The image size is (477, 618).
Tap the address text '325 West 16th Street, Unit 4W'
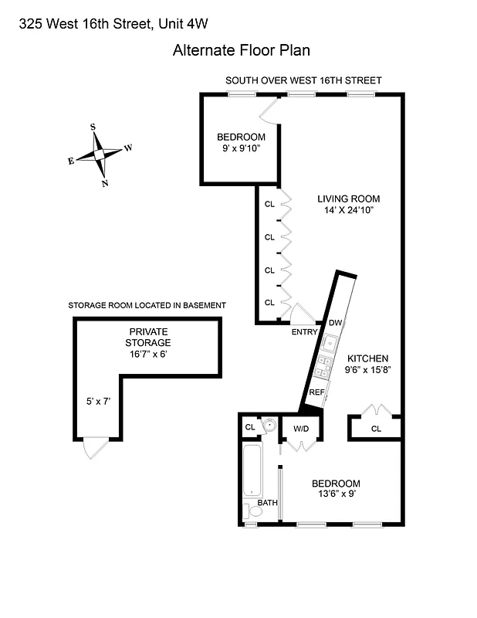(x=113, y=23)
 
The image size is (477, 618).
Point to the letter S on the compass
(x=93, y=127)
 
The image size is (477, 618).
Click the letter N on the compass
(x=104, y=183)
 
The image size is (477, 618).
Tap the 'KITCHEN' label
(x=367, y=358)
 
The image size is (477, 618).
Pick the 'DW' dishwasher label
(x=335, y=322)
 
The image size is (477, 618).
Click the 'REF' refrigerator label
(x=316, y=392)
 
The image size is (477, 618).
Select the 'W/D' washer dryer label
(x=300, y=428)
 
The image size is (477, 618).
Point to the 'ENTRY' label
(x=303, y=332)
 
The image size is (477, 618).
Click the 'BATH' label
(x=267, y=503)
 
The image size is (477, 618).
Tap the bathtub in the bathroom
(x=252, y=470)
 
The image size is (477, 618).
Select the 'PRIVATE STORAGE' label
(x=150, y=337)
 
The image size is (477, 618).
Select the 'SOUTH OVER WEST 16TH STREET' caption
(x=303, y=80)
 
